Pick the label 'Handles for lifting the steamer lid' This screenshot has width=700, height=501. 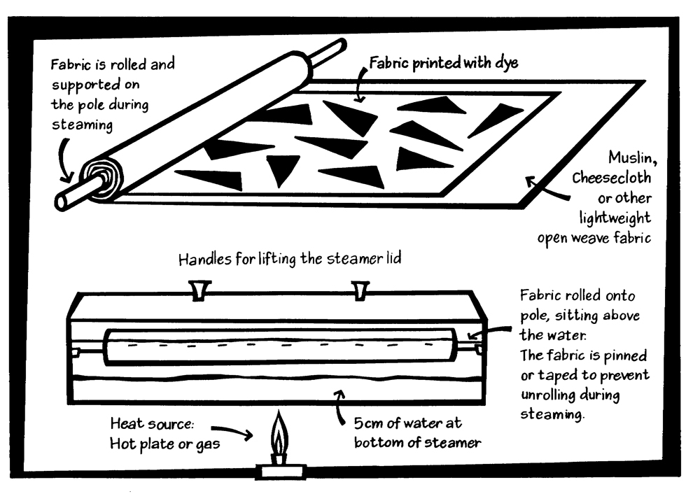pyautogui.click(x=289, y=260)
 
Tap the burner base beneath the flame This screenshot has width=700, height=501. pyautogui.click(x=280, y=470)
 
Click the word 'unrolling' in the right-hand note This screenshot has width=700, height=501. pyautogui.click(x=548, y=395)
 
